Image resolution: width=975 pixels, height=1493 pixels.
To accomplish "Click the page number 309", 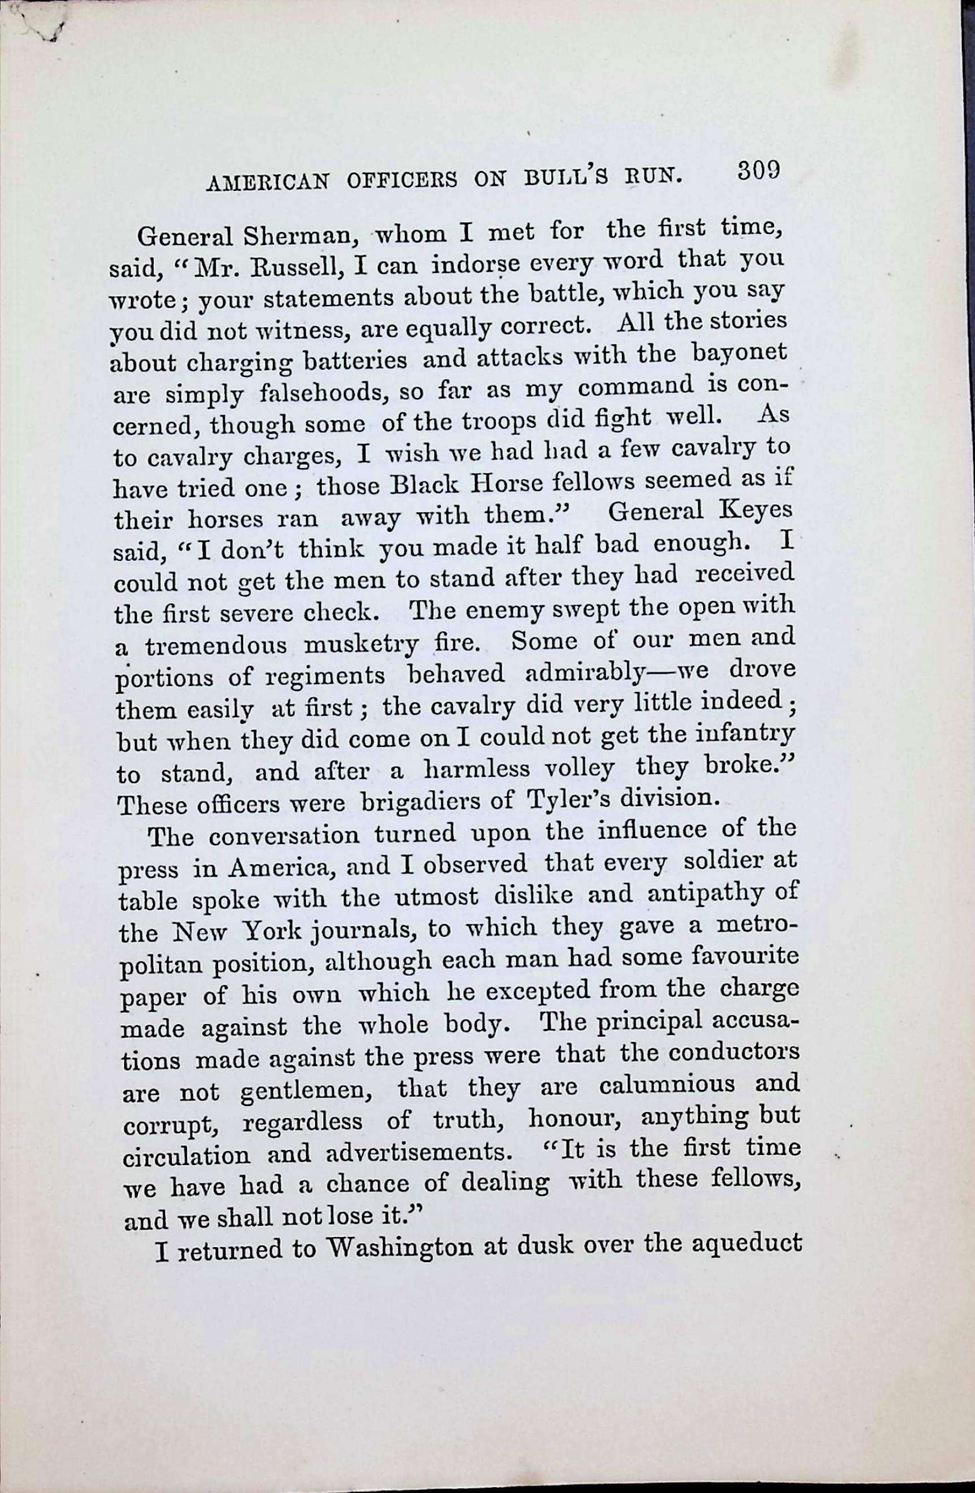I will (x=758, y=171).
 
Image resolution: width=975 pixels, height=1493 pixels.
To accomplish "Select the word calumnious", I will (x=667, y=1085).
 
